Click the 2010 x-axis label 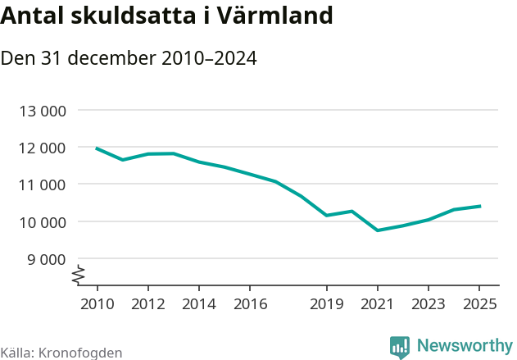click(x=97, y=304)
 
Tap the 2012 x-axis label click(x=147, y=304)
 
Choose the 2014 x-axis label click(x=199, y=304)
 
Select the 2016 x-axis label click(x=250, y=304)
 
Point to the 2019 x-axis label click(x=326, y=304)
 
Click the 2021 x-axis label click(x=377, y=304)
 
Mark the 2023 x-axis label click(x=429, y=304)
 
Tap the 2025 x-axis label click(x=479, y=304)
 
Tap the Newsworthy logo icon click(x=400, y=347)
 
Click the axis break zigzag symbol click(x=78, y=276)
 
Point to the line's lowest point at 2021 click(x=378, y=230)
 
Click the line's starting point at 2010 click(x=97, y=148)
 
